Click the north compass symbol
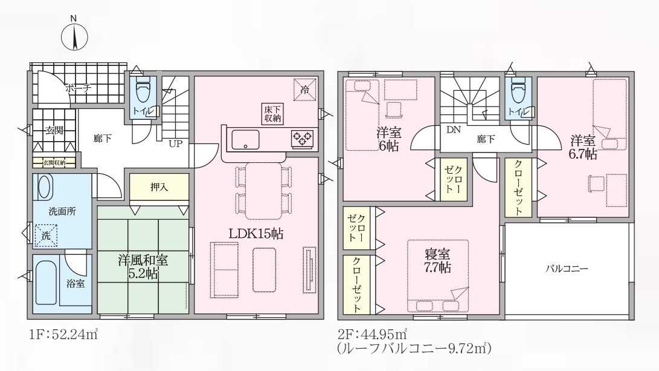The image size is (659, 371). click(x=74, y=37)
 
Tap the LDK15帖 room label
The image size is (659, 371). click(x=256, y=233)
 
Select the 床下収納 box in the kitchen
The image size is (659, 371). click(x=272, y=114)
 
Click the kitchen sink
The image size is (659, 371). click(x=245, y=139)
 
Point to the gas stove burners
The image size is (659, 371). click(x=303, y=138)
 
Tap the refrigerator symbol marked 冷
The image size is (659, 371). click(x=304, y=90)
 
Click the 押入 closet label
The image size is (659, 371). click(x=159, y=188)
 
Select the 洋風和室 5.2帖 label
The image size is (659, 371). click(x=143, y=266)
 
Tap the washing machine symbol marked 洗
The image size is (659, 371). click(x=46, y=235)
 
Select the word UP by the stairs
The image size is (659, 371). click(x=175, y=143)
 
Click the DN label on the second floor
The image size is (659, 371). click(x=454, y=130)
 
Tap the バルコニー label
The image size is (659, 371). click(x=567, y=269)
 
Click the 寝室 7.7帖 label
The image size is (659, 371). click(x=437, y=261)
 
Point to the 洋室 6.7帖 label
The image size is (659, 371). click(x=583, y=146)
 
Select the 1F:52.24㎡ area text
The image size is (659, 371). click(x=63, y=335)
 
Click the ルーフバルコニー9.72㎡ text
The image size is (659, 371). click(x=414, y=348)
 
